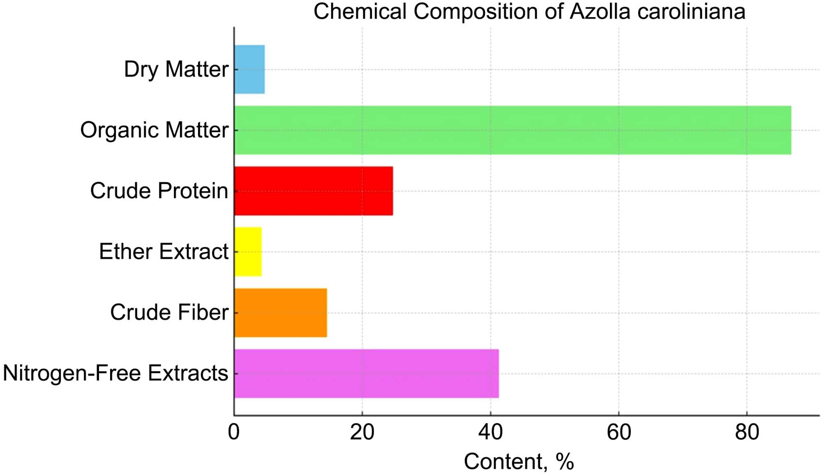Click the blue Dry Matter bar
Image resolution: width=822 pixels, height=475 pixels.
[249, 70]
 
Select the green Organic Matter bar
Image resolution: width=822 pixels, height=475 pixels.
[513, 130]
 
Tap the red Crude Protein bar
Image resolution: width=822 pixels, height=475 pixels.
[314, 191]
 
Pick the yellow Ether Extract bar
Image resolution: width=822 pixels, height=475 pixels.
[248, 252]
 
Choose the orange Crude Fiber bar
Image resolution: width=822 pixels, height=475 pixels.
[281, 313]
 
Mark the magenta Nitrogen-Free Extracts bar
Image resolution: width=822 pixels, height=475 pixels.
[367, 373]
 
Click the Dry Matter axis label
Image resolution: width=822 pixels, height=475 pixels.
[176, 70]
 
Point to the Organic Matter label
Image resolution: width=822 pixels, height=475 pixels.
[154, 130]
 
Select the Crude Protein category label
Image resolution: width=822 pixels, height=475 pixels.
[159, 191]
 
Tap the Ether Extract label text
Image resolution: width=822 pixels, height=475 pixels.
[164, 252]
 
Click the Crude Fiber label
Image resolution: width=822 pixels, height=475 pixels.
[169, 313]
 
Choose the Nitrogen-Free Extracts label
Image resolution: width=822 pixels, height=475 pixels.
[115, 373]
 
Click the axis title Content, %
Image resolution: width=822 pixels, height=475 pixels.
[519, 462]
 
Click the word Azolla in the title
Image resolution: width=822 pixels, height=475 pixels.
[600, 12]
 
